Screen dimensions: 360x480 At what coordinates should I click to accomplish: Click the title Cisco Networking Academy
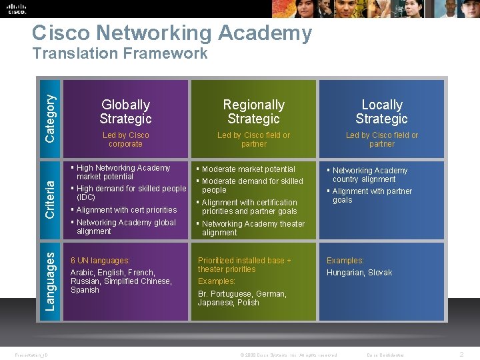click(x=172, y=33)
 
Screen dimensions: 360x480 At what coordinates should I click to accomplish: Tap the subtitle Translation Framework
click(x=120, y=54)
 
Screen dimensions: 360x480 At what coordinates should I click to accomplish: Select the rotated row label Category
click(x=50, y=117)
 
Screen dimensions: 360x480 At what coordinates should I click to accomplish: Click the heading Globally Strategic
click(x=125, y=112)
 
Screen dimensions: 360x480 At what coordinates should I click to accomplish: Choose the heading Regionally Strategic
click(x=253, y=112)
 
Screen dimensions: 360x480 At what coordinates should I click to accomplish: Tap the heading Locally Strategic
click(x=381, y=112)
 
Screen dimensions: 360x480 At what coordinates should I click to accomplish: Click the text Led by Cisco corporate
click(x=125, y=139)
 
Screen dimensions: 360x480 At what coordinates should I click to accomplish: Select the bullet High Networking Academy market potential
click(x=123, y=172)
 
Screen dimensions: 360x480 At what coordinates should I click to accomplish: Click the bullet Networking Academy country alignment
click(x=369, y=175)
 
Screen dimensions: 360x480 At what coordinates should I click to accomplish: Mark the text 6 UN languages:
click(x=100, y=261)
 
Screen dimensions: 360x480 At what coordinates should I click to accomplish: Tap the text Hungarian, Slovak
click(x=359, y=273)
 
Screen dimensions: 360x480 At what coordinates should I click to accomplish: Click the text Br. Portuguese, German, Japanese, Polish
click(x=241, y=298)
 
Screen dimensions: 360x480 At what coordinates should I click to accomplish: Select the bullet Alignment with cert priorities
click(x=126, y=210)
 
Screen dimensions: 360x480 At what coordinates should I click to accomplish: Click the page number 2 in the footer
click(x=461, y=355)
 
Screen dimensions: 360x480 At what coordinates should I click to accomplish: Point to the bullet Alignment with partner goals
click(x=371, y=195)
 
